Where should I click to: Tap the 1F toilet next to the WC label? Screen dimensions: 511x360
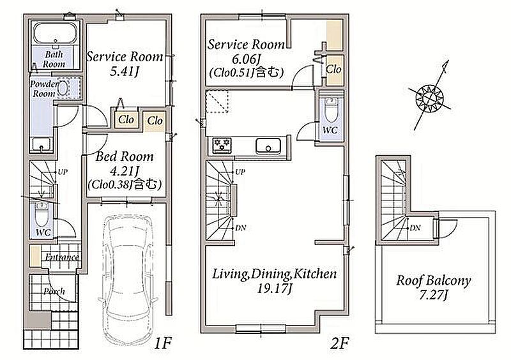(x=41, y=213)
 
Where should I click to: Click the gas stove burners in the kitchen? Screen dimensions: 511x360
(x=222, y=144)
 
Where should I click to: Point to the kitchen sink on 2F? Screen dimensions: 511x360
(x=268, y=146)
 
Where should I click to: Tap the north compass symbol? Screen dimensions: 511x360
(x=431, y=97)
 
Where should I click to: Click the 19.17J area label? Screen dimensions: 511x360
(x=275, y=289)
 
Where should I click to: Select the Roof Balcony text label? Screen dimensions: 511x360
(x=434, y=280)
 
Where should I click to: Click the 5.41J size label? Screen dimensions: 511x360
(x=124, y=71)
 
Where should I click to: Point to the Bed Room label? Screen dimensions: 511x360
(x=125, y=157)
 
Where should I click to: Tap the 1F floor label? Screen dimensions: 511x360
(x=163, y=343)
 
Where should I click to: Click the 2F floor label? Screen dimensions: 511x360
(x=340, y=343)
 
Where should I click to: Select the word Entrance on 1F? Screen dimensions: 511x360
(x=62, y=257)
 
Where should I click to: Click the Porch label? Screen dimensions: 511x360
(x=54, y=292)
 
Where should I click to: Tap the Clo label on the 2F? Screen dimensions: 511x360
(x=333, y=69)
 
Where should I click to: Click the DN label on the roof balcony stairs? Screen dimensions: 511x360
(x=415, y=228)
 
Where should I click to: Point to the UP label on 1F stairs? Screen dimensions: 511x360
(x=63, y=172)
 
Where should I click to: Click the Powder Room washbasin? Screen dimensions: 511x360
(x=63, y=88)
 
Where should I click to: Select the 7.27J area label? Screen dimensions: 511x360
(x=434, y=295)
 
